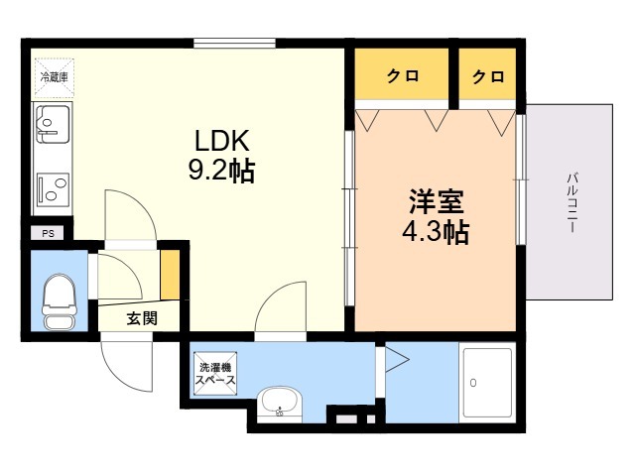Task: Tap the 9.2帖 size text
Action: pos(221,172)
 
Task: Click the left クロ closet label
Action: pos(401,76)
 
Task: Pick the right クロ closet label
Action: pos(488,76)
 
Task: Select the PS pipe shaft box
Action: pos(48,234)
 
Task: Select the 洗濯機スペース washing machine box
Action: pos(214,372)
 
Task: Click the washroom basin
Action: pos(279,404)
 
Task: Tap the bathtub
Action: pos(487,381)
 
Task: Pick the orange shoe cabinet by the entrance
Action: pos(171,278)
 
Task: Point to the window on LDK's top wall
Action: pos(234,43)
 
